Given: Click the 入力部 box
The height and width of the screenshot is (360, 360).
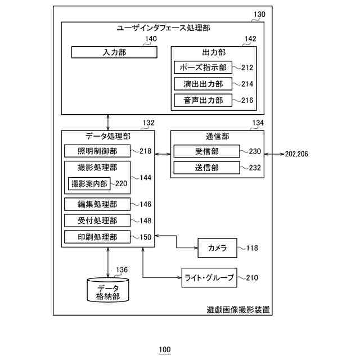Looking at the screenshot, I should [x=114, y=52].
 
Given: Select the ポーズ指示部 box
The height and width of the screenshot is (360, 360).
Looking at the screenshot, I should [x=203, y=67].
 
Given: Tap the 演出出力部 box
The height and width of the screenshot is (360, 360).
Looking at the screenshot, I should [x=203, y=84].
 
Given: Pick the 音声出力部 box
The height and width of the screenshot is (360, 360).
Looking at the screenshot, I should [x=203, y=101].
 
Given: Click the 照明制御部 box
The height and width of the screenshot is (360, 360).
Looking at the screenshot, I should [x=97, y=151].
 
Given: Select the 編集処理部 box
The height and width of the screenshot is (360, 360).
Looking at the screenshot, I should [x=97, y=204].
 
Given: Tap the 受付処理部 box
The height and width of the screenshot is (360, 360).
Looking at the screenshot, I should [x=97, y=220].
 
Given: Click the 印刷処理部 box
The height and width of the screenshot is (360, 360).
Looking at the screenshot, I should [x=97, y=237].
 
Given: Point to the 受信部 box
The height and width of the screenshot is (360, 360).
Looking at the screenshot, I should [x=207, y=151].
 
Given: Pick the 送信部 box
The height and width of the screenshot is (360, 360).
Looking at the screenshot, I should [x=207, y=168].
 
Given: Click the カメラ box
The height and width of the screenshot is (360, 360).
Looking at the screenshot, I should [x=217, y=247].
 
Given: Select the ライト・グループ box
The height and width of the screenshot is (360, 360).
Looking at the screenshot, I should [x=208, y=277].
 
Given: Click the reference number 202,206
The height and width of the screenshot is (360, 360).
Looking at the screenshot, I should [x=296, y=154].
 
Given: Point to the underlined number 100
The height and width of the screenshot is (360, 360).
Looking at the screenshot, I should [x=164, y=350].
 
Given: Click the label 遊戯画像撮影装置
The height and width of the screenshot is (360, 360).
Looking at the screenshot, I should [x=238, y=309].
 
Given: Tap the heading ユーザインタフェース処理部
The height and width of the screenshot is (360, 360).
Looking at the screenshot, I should [x=159, y=28].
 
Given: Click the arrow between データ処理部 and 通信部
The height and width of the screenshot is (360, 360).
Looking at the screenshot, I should [x=162, y=154].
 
